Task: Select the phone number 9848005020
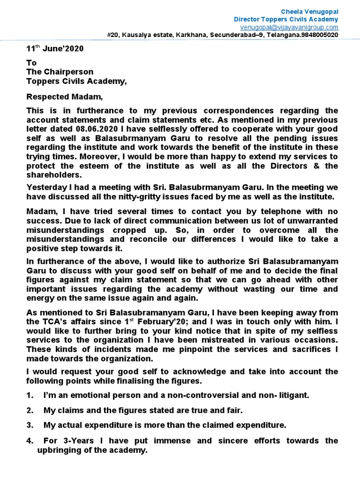point(318,35)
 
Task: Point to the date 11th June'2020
point(56,48)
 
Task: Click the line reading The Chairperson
point(60,72)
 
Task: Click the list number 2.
point(30,410)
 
